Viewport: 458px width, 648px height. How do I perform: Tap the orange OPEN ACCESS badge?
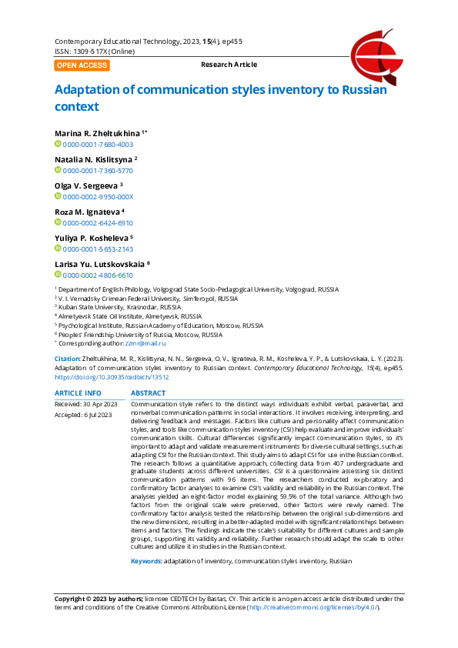click(82, 65)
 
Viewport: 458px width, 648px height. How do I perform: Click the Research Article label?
click(229, 65)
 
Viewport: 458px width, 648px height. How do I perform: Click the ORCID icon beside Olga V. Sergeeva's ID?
click(58, 196)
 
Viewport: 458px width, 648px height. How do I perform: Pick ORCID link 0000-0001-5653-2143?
click(98, 249)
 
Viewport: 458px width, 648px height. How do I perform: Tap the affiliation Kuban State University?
click(95, 306)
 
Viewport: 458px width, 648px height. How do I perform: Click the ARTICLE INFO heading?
click(78, 392)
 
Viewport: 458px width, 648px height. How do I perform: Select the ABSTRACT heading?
click(149, 392)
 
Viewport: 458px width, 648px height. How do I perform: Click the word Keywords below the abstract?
click(145, 562)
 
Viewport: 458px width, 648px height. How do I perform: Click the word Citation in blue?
click(67, 359)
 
